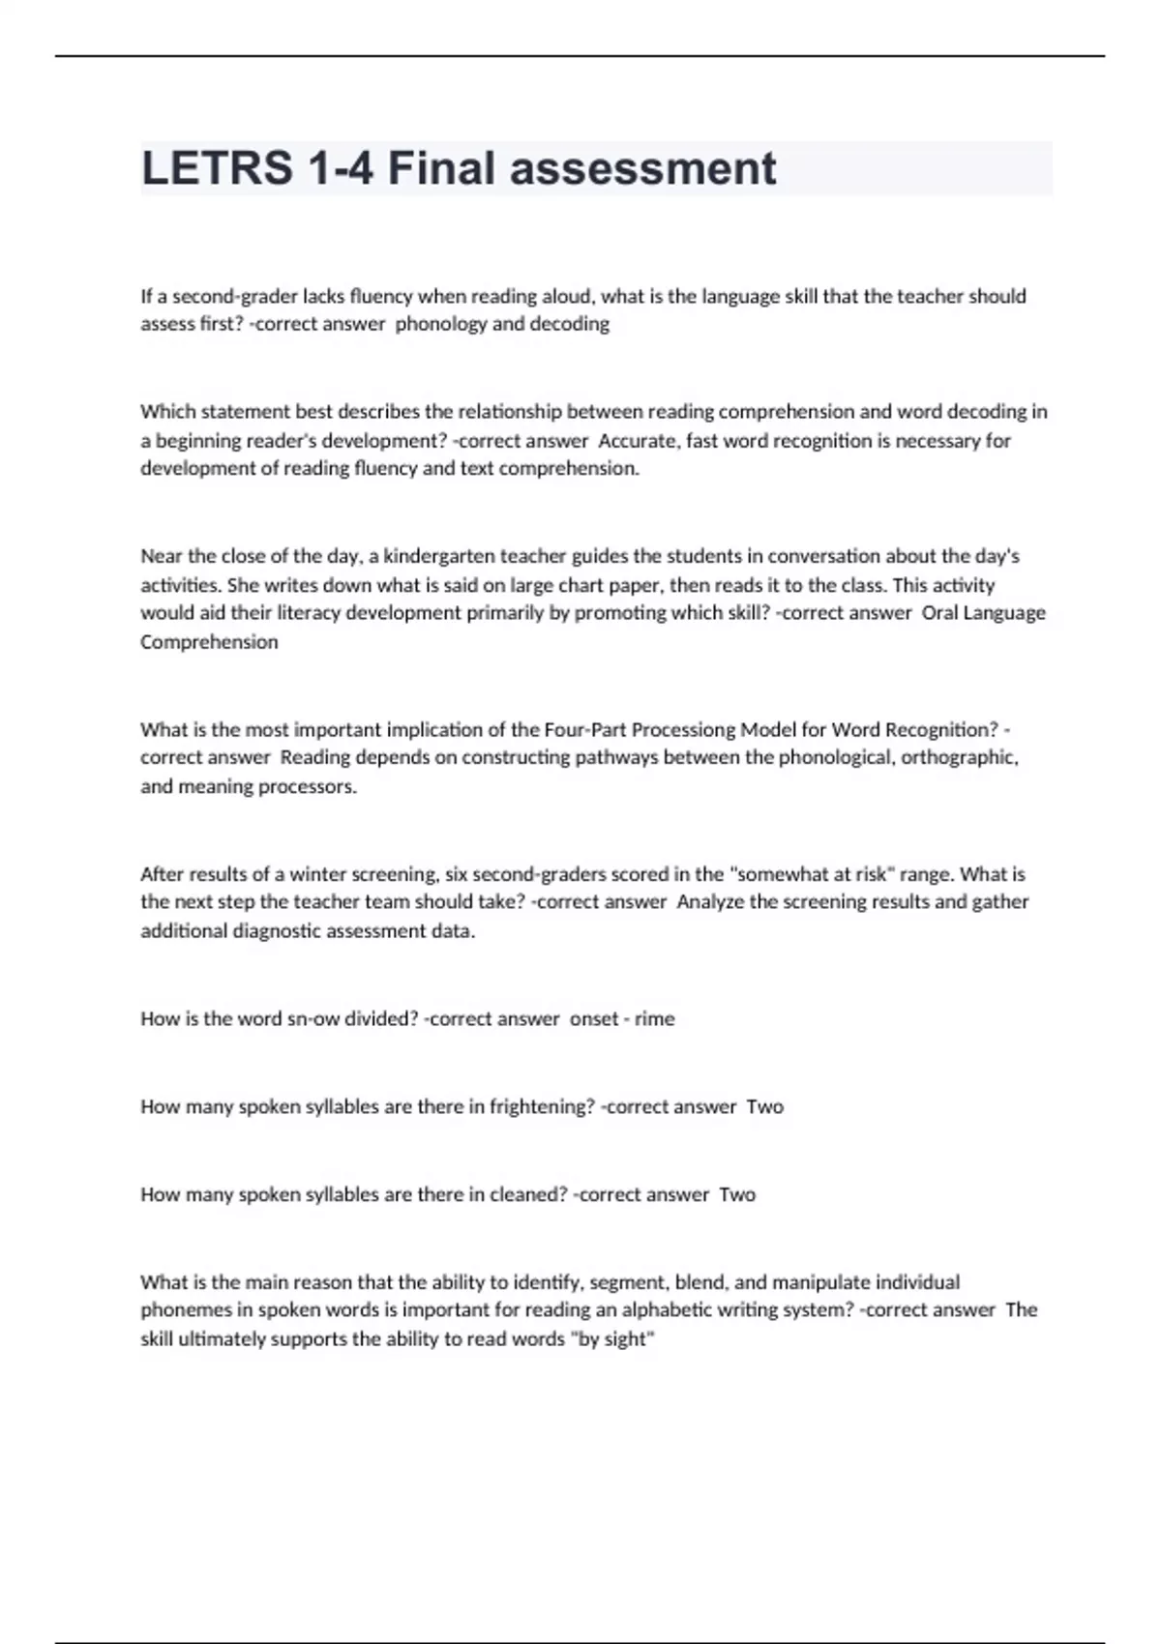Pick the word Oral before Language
[940, 613]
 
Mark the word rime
[655, 1018]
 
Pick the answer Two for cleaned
[737, 1194]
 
